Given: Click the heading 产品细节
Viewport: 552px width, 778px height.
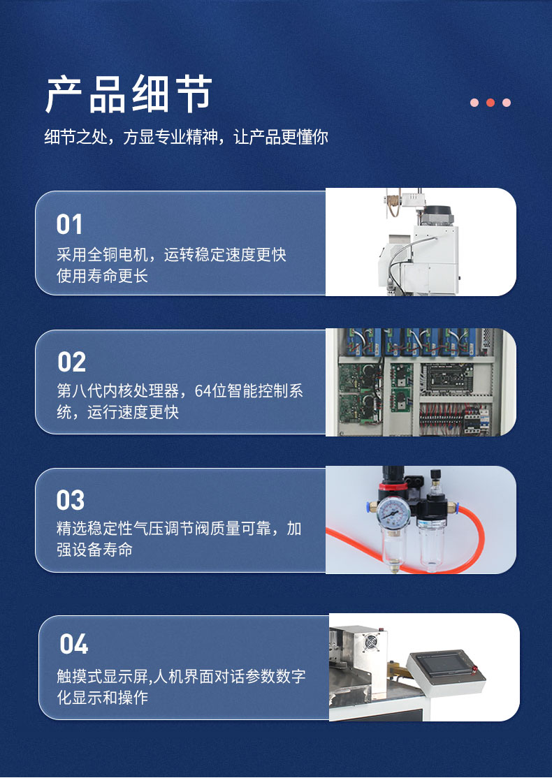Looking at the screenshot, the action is [129, 94].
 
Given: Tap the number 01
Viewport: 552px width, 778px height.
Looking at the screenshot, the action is [69, 224].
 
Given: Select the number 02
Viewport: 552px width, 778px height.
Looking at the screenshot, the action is [71, 362].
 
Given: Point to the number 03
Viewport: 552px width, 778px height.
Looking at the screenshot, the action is [71, 500].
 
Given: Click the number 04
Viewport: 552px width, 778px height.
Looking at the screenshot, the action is [74, 644].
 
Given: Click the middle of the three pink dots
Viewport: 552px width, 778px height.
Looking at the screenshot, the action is [491, 103].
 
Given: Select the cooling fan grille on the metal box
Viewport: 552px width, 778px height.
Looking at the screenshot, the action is [371, 643].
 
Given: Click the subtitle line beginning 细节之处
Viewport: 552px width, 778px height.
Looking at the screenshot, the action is [186, 137].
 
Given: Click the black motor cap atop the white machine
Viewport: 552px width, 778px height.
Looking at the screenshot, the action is [437, 215].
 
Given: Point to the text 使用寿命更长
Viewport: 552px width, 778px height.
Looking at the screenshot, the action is [102, 276].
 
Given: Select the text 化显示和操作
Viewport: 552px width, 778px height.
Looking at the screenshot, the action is [102, 698].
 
